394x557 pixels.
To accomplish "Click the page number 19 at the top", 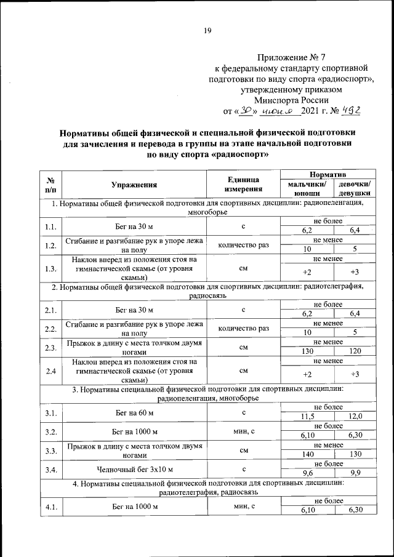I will (207, 31).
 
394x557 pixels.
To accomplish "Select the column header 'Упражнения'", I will (135, 184).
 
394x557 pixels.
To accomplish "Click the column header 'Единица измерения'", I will (243, 184).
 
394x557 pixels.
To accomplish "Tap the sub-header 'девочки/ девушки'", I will (355, 188).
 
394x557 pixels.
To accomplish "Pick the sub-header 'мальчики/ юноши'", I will (306, 188).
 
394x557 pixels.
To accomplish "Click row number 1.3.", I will (51, 268).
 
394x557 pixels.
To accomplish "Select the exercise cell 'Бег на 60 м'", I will (135, 412).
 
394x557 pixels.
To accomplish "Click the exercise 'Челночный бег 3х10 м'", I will (135, 470).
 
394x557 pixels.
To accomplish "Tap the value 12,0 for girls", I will (355, 417).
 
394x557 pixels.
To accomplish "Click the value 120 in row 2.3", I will (355, 353).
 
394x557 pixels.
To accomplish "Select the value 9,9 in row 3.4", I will (355, 474).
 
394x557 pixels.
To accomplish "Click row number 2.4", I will (51, 371).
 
